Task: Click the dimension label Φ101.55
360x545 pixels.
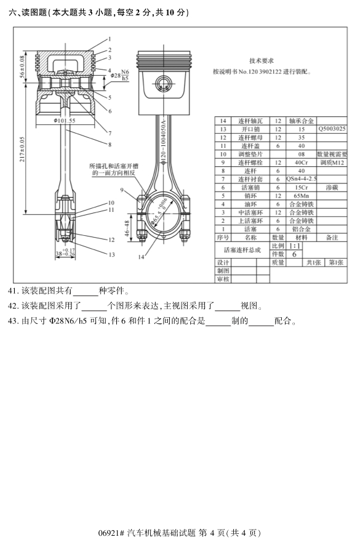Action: (64, 121)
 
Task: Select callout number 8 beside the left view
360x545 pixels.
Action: (109, 145)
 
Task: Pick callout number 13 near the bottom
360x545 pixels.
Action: (111, 254)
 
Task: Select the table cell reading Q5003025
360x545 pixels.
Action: (332, 129)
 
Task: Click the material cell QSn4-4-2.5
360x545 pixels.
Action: (302, 179)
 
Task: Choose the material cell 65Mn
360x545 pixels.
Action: (302, 195)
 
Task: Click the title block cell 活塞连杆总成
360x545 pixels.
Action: (242, 250)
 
